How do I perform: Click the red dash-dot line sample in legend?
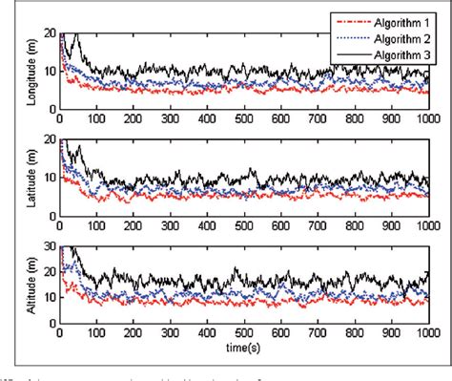(x=347, y=18)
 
